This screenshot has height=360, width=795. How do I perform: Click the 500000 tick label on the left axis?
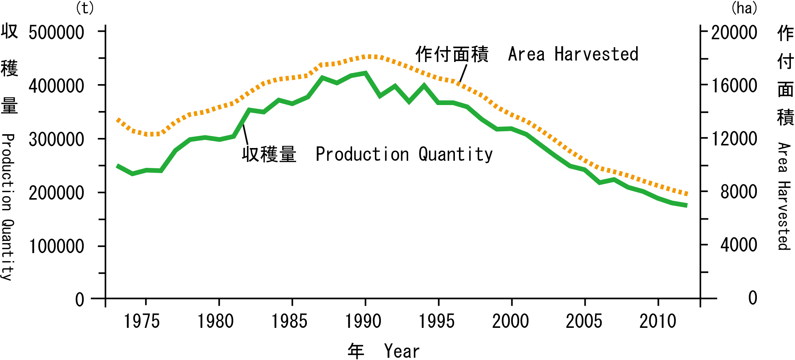click(x=56, y=33)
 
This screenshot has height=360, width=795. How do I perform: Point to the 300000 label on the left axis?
click(x=56, y=140)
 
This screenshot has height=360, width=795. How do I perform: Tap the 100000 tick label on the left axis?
click(x=56, y=247)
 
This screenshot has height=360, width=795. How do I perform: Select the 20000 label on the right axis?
click(x=734, y=33)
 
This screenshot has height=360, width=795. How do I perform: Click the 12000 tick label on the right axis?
click(x=734, y=139)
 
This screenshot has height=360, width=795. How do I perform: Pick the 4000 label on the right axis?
click(x=739, y=245)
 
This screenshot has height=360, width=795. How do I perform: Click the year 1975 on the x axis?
click(x=142, y=321)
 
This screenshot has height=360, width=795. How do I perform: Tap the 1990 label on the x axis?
click(x=363, y=321)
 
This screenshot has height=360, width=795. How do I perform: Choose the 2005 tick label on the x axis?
click(x=584, y=321)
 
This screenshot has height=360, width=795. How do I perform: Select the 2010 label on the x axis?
click(x=657, y=321)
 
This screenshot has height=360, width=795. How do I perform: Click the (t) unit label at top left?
click(x=85, y=8)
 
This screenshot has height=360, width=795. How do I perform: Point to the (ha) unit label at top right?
click(x=744, y=8)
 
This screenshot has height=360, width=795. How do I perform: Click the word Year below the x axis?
click(x=402, y=351)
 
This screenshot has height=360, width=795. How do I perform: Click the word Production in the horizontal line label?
click(x=362, y=154)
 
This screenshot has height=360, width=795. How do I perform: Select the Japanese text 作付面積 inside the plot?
click(x=452, y=54)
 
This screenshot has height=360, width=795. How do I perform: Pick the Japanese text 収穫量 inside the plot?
click(x=269, y=154)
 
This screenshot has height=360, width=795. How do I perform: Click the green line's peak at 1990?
click(x=366, y=73)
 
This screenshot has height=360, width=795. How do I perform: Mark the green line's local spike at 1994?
click(x=424, y=86)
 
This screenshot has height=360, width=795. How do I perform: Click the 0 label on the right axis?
click(x=752, y=298)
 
